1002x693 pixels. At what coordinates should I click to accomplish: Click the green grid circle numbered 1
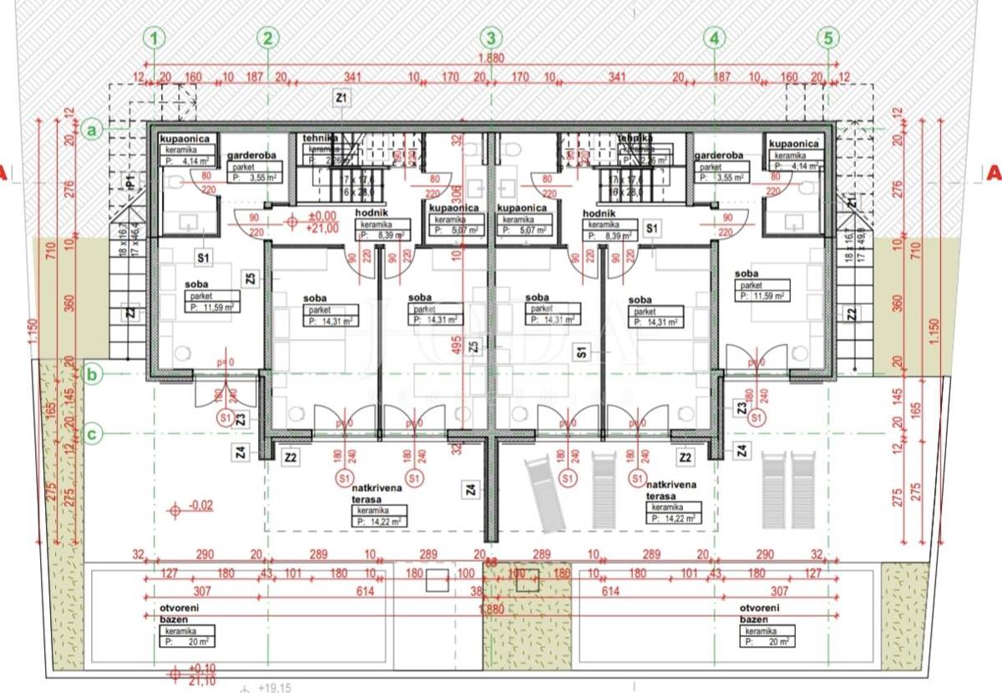point(155,38)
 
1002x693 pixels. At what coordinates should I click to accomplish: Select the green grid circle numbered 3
point(492,38)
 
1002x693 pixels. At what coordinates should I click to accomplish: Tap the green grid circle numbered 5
point(828,38)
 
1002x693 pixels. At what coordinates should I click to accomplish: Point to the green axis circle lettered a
point(94,129)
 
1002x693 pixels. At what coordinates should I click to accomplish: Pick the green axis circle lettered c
point(94,433)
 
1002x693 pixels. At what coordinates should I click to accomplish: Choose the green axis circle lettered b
point(94,375)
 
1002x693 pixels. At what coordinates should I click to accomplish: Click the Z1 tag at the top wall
point(341,99)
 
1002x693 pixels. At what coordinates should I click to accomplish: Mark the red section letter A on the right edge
point(993,175)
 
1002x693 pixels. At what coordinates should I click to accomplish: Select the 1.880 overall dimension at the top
point(491,58)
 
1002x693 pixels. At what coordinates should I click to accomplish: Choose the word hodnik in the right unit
point(599,214)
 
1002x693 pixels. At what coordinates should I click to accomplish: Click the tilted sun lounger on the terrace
point(541,494)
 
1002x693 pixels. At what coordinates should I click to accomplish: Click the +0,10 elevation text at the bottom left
point(202,669)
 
